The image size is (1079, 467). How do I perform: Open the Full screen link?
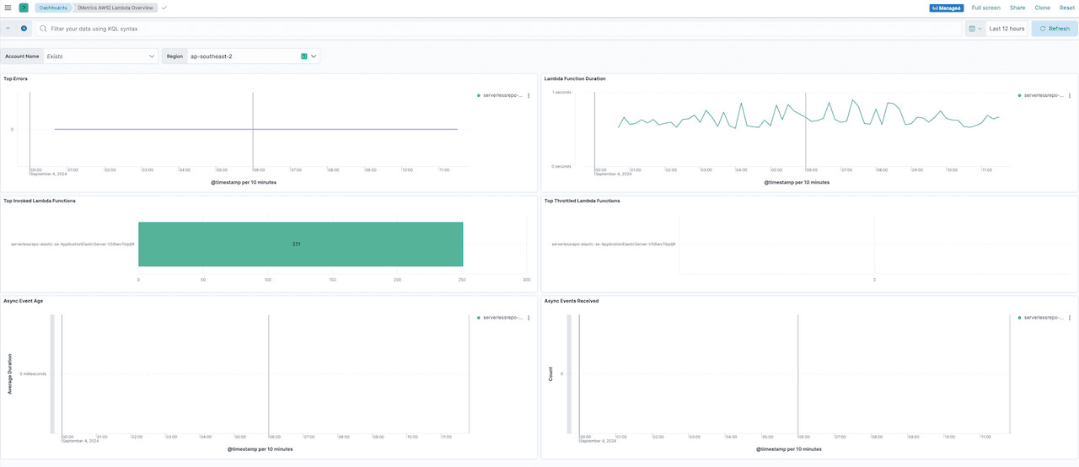point(985,8)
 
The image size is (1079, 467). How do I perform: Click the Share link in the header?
point(1017,8)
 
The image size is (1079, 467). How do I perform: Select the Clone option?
point(1042,8)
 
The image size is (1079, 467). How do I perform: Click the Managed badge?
point(946,8)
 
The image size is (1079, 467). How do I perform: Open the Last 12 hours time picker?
point(1007,29)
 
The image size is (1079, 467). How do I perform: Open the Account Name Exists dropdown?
point(100,56)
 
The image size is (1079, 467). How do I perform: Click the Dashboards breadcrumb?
point(52,8)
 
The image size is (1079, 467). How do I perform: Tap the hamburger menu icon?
point(8,8)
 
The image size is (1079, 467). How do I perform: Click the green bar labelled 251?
point(300,244)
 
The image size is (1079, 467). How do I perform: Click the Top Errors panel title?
point(16,78)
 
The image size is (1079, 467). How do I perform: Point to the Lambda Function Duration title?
point(575,78)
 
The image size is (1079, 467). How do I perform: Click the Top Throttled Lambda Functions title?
point(582,201)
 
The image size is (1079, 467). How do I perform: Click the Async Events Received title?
point(572,300)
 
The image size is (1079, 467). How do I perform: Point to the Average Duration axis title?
point(10,373)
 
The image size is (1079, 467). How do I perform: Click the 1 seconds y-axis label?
point(561,92)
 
